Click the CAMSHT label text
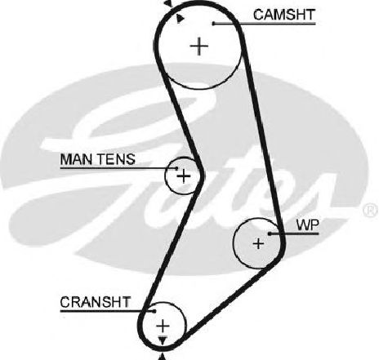pyautogui.click(x=284, y=15)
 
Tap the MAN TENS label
pyautogui.click(x=98, y=159)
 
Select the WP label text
pyautogui.click(x=308, y=225)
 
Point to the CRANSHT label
pyautogui.click(x=96, y=302)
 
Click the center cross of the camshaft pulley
pyautogui.click(x=199, y=46)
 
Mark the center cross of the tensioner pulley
pyautogui.click(x=184, y=176)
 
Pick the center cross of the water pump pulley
pyautogui.click(x=258, y=243)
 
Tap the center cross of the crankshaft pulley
pyautogui.click(x=163, y=326)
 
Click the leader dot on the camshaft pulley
pyautogui.click(x=214, y=24)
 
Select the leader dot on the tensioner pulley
pyautogui.click(x=176, y=168)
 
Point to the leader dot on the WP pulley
pyautogui.click(x=270, y=233)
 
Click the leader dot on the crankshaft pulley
pyautogui.click(x=154, y=311)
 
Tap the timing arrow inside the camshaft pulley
pyautogui.click(x=180, y=19)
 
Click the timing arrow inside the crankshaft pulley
pyautogui.click(x=163, y=340)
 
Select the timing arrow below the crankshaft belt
pyautogui.click(x=163, y=357)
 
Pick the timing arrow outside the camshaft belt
pyautogui.click(x=169, y=3)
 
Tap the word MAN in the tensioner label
pyautogui.click(x=76, y=159)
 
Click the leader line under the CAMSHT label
pyautogui.click(x=265, y=24)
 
